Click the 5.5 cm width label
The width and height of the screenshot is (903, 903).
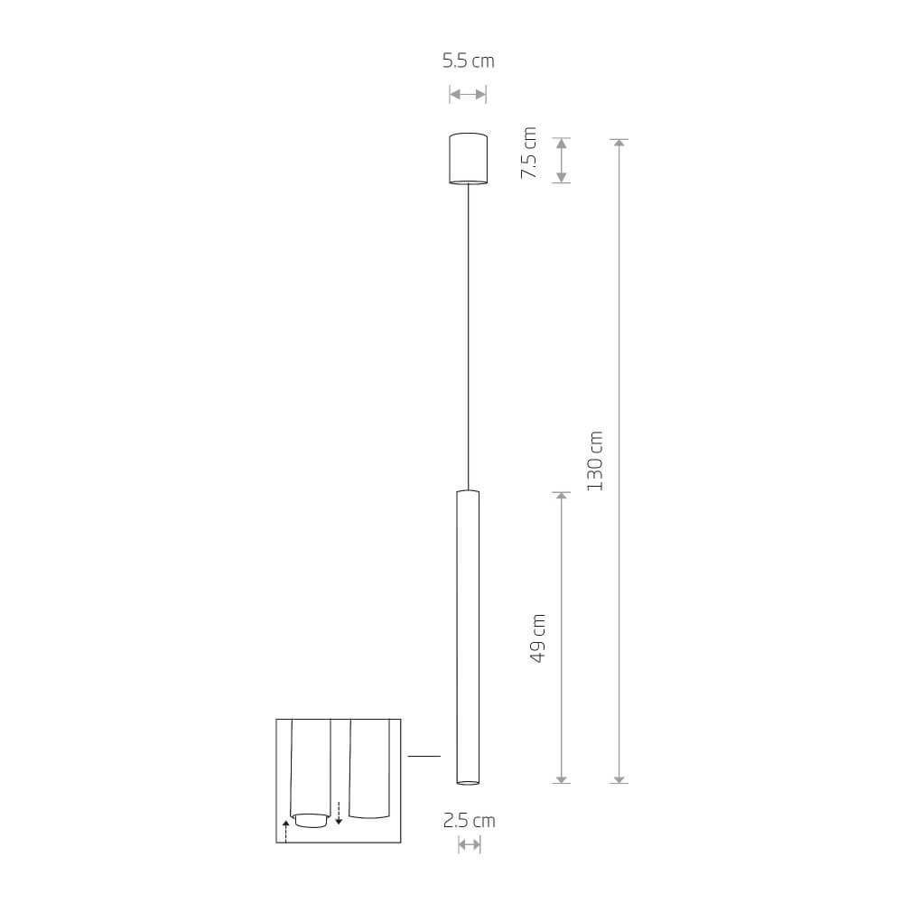(468, 61)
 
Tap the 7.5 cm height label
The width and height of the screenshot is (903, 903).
(529, 153)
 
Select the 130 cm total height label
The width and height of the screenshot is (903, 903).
(594, 461)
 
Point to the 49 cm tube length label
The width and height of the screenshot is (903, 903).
(538, 638)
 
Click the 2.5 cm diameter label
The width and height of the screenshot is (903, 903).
(469, 821)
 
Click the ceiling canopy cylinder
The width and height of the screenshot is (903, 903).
(468, 159)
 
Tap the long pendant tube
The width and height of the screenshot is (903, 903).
(468, 637)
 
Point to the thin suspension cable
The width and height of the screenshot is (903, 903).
(468, 334)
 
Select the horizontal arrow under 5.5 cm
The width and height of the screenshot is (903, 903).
(468, 94)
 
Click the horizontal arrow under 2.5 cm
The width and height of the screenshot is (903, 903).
(469, 845)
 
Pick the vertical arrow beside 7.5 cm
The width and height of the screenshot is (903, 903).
(562, 161)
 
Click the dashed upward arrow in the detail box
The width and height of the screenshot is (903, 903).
(285, 830)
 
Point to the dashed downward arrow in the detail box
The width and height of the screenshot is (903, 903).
(339, 813)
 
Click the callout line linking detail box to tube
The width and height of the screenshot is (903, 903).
(424, 755)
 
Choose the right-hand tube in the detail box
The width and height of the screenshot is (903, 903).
(368, 768)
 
